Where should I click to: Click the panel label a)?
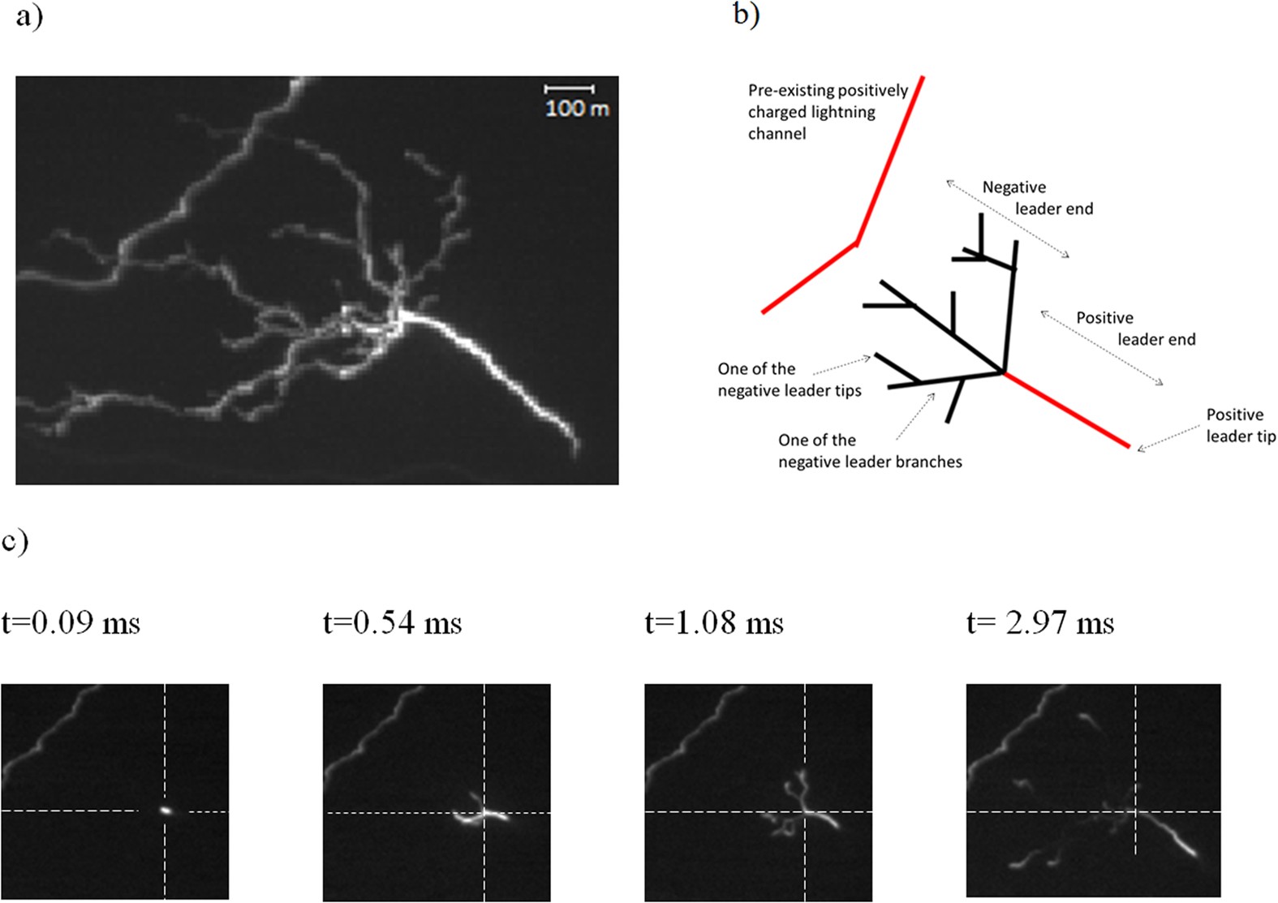(x=29, y=16)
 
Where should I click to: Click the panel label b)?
(x=746, y=15)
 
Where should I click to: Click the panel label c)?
(x=15, y=541)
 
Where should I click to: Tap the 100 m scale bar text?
(x=576, y=108)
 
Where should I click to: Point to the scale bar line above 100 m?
(x=569, y=88)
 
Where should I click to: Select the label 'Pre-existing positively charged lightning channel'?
(x=827, y=112)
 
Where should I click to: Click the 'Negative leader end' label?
(x=1037, y=198)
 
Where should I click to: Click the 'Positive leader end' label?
(x=1135, y=329)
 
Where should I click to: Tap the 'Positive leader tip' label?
(x=1240, y=425)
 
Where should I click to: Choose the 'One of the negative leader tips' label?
(x=789, y=380)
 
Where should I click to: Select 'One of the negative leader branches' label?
(x=869, y=451)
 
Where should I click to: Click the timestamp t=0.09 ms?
(x=71, y=623)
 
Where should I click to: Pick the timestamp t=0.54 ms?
(x=393, y=623)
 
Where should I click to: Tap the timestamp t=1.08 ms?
(x=714, y=623)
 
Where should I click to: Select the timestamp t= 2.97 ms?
(x=1040, y=623)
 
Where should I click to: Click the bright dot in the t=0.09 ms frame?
(x=166, y=809)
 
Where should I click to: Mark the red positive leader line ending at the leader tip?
(x=1066, y=410)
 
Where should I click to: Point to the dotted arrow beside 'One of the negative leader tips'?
(x=841, y=364)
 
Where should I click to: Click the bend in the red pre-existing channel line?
(x=856, y=242)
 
